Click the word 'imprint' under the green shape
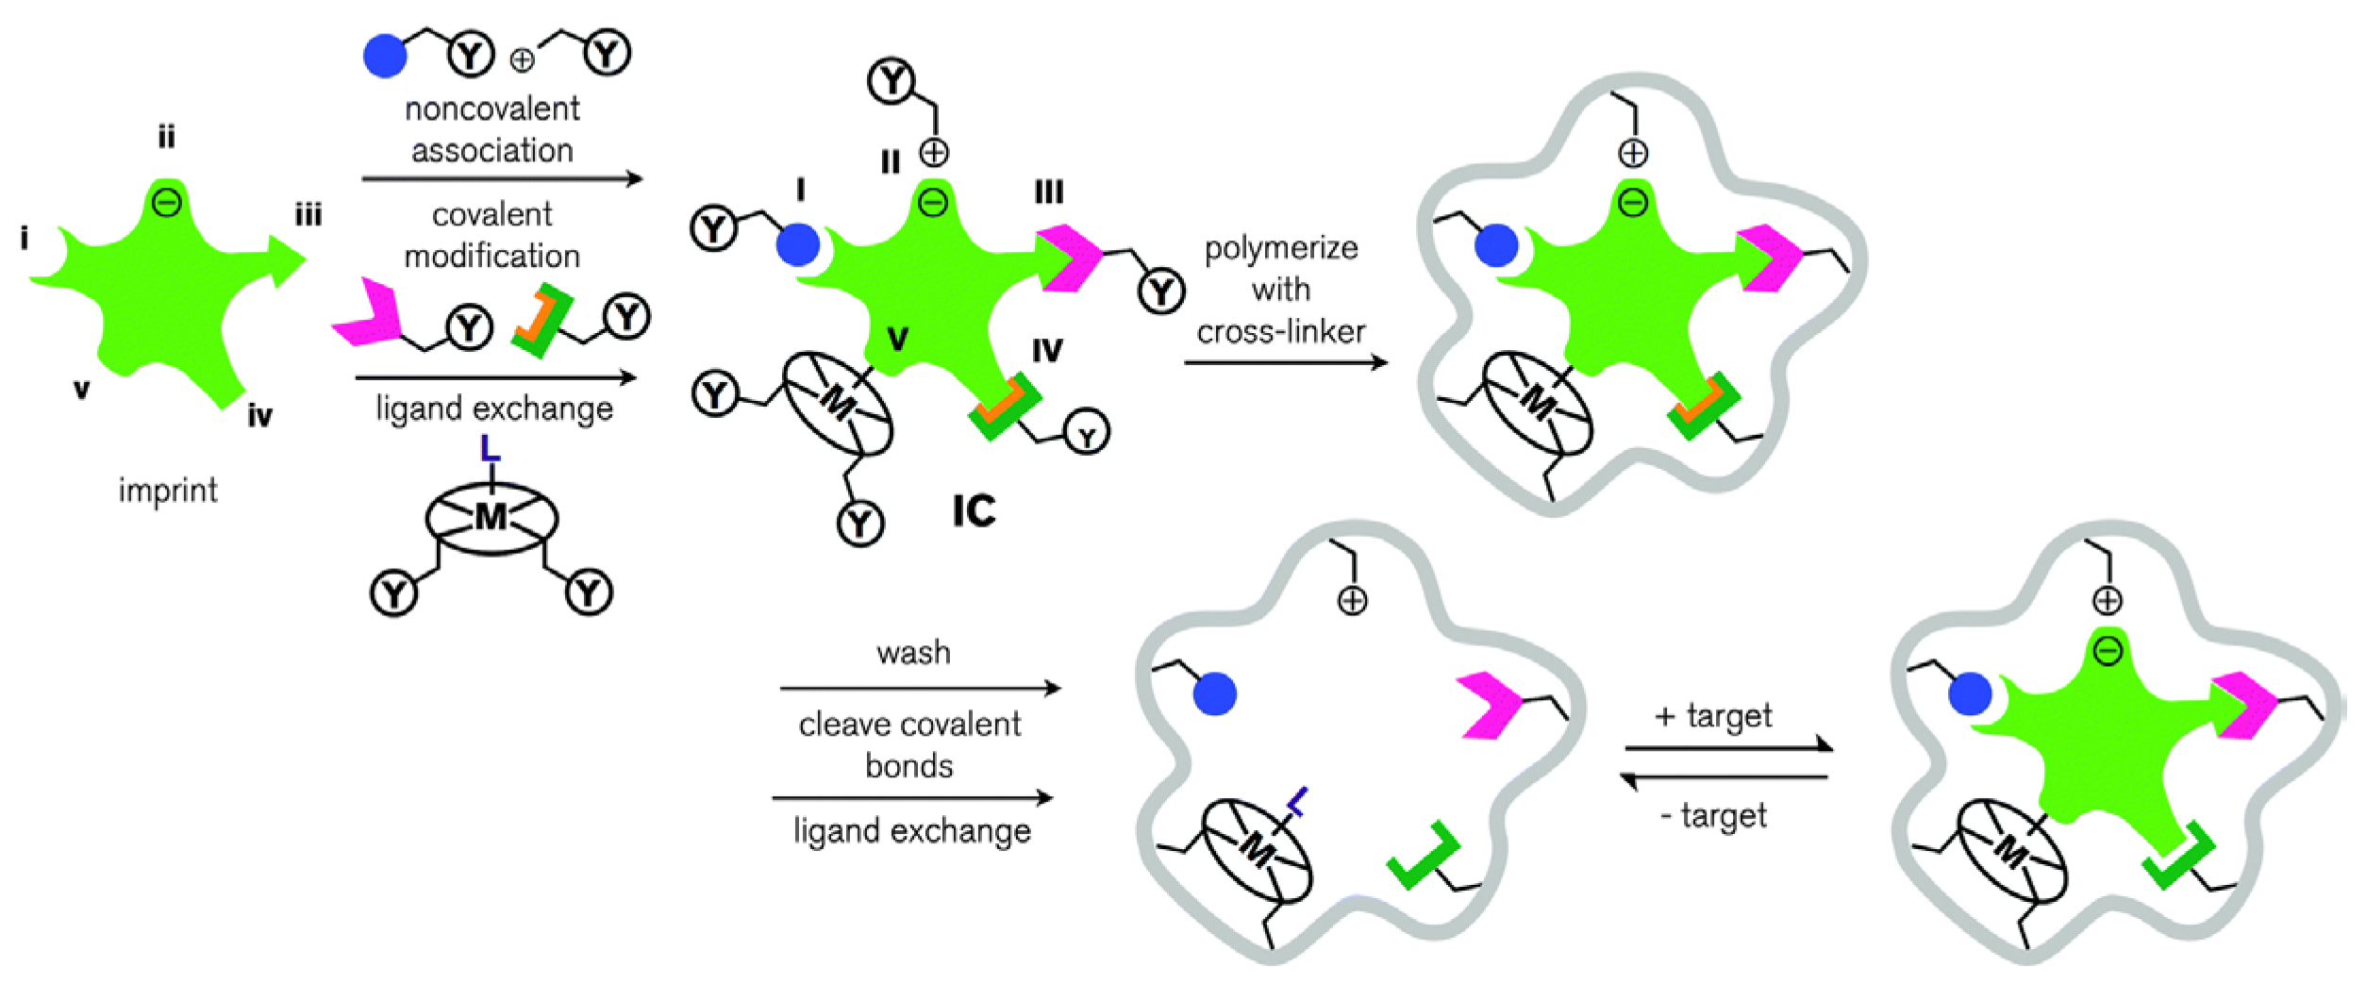click(x=168, y=491)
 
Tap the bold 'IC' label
click(x=974, y=512)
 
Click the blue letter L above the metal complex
click(x=490, y=447)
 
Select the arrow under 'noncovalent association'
click(x=502, y=178)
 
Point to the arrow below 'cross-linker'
click(x=1285, y=362)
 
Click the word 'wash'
click(x=913, y=653)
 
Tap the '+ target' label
click(x=1714, y=716)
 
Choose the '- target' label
click(x=1714, y=815)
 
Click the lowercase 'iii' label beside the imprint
click(x=308, y=216)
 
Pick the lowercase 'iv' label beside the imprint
click(x=259, y=415)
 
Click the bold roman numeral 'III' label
click(x=1049, y=192)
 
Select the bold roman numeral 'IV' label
click(x=1047, y=351)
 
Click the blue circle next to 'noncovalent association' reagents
click(x=385, y=56)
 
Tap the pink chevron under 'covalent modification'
click(x=366, y=313)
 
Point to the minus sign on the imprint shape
click(x=167, y=202)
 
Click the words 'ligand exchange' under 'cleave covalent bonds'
click(x=912, y=831)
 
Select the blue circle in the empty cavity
click(x=1214, y=694)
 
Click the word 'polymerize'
click(x=1281, y=248)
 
